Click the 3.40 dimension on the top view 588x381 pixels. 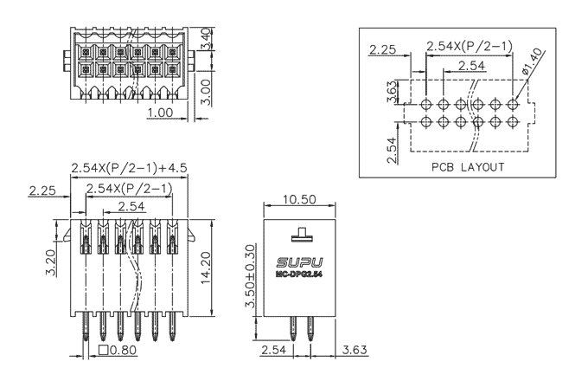click(x=205, y=39)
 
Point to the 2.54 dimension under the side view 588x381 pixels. click(x=274, y=351)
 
